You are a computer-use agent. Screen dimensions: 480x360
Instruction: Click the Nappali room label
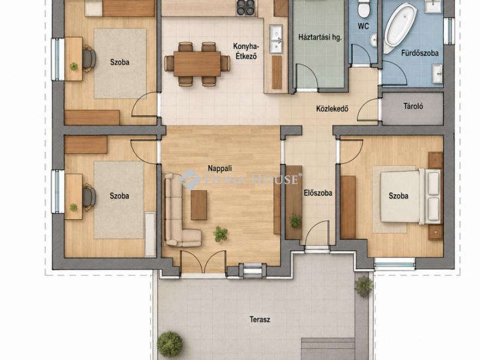220,168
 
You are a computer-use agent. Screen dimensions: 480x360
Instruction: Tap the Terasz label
260,320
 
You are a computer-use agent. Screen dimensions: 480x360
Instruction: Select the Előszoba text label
318,193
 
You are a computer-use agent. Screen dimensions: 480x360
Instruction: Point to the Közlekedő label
332,109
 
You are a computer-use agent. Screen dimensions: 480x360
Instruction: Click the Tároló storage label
413,106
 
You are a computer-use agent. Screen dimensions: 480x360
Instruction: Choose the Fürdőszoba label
419,53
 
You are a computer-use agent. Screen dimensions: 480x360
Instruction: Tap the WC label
364,26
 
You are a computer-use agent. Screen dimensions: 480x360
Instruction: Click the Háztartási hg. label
320,38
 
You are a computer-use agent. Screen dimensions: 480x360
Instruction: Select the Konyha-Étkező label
246,51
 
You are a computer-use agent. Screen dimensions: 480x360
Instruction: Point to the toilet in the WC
364,8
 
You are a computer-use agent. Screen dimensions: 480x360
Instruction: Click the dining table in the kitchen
197,64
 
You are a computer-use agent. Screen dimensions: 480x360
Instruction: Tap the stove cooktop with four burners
245,7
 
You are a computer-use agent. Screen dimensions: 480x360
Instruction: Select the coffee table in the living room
199,205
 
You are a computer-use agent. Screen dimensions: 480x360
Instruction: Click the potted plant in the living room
221,234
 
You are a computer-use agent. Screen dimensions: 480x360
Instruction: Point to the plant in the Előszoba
295,220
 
